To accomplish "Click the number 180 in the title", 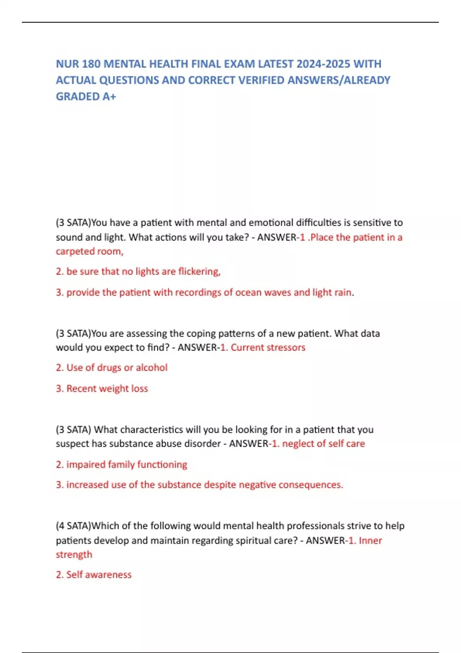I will pyautogui.click(x=91, y=64).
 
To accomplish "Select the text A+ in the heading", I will pyautogui.click(x=109, y=96).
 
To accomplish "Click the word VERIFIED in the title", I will pyautogui.click(x=261, y=80).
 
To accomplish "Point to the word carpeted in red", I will pyautogui.click(x=75, y=252).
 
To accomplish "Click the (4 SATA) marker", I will pyautogui.click(x=73, y=526).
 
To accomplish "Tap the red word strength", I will pyautogui.click(x=74, y=555).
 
